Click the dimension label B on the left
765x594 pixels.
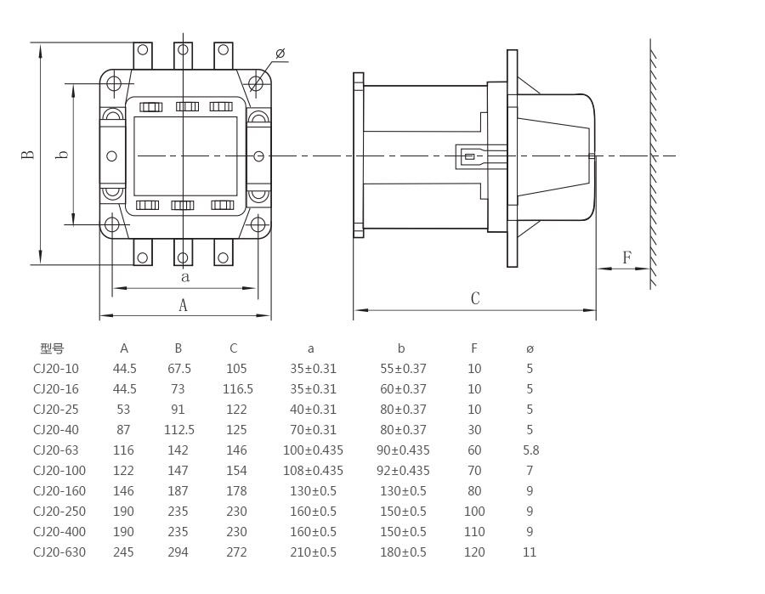point(28,156)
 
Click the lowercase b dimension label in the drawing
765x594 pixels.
point(62,156)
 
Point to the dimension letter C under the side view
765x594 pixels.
point(475,298)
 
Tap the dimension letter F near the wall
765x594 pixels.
point(627,257)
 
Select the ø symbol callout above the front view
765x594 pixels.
point(280,54)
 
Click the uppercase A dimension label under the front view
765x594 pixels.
point(183,306)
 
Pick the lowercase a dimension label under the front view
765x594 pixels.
point(184,277)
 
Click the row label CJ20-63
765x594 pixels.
point(55,450)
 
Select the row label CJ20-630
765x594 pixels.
point(59,552)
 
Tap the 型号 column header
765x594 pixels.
point(52,348)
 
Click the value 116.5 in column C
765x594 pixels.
point(237,389)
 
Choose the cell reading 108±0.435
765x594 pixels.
point(313,471)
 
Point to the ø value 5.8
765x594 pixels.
point(530,450)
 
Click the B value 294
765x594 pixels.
point(178,552)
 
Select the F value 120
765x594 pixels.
point(474,552)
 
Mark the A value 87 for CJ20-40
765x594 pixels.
point(124,430)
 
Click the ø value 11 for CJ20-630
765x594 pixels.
point(530,552)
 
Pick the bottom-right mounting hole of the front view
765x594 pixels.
point(258,225)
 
